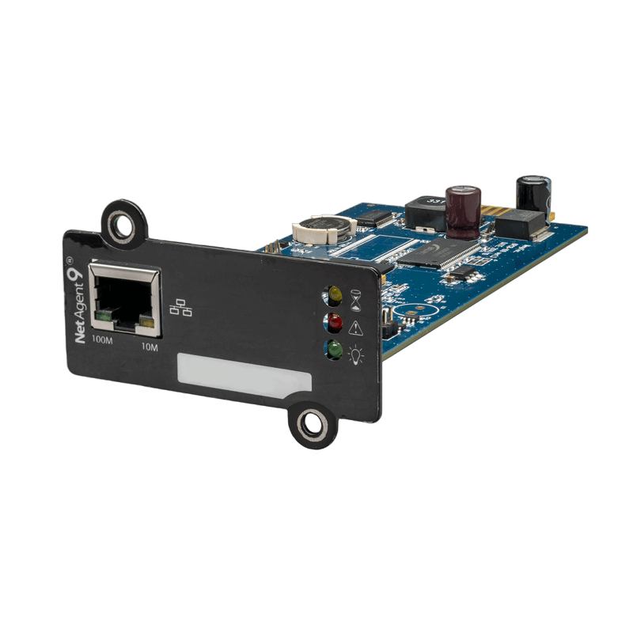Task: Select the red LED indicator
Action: click(x=334, y=323)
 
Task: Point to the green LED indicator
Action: click(x=334, y=349)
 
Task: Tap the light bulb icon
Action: click(x=355, y=354)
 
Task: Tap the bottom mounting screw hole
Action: click(x=312, y=424)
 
